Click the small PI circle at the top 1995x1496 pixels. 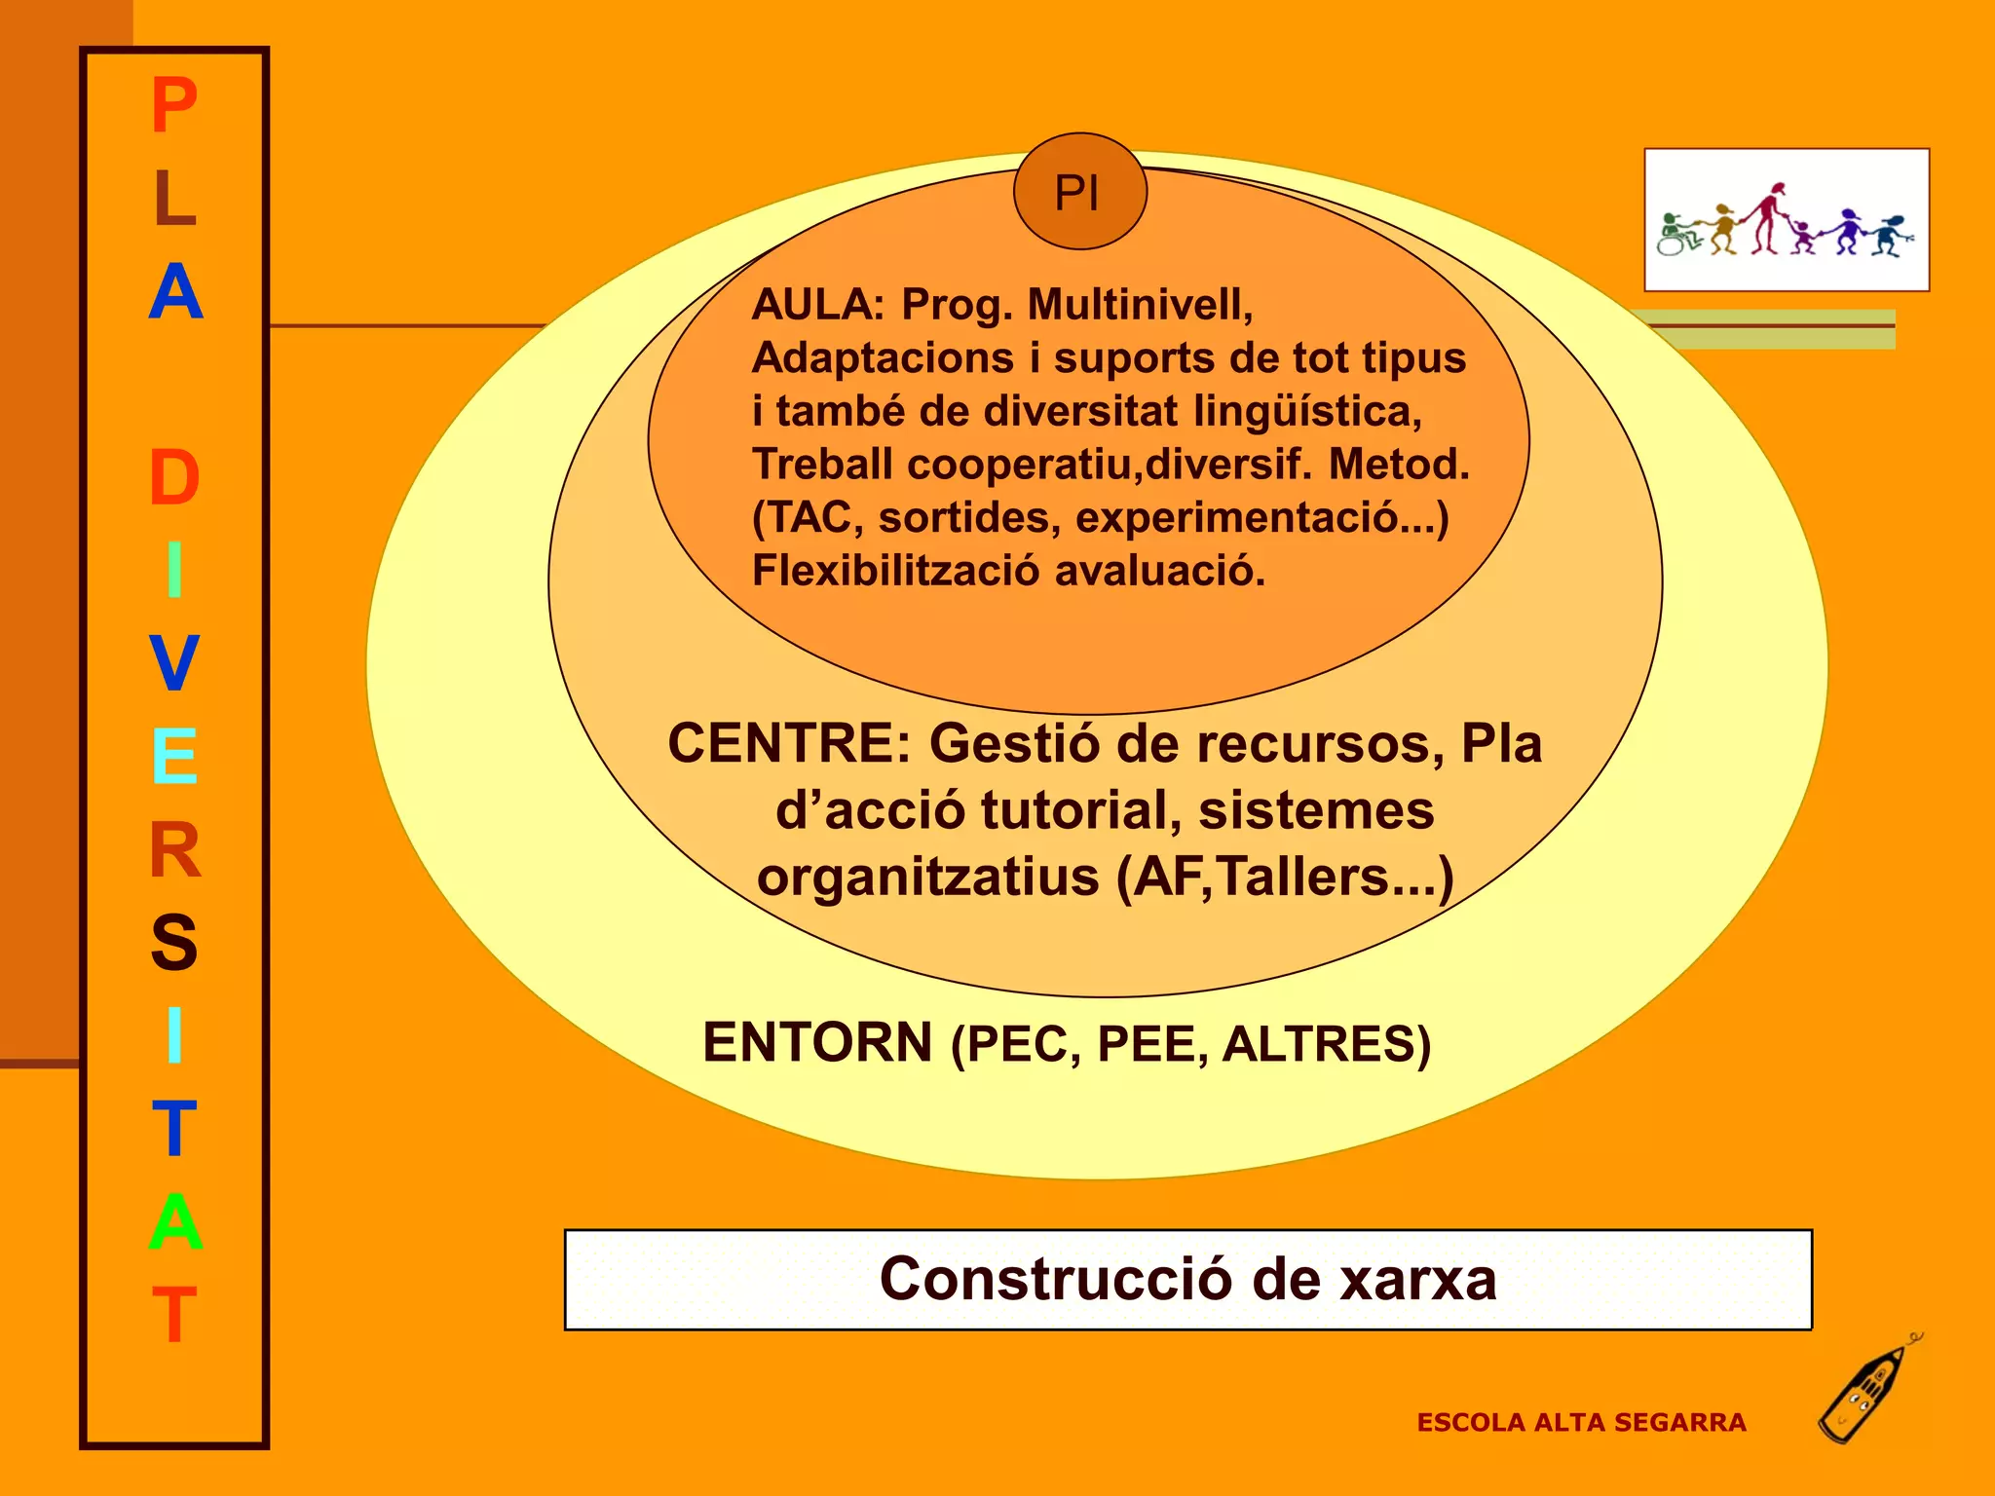pyautogui.click(x=1079, y=192)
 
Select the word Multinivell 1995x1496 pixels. pyautogui.click(x=1140, y=305)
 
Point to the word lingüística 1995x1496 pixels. pyautogui.click(x=1307, y=412)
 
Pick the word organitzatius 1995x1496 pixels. pyautogui.click(x=928, y=877)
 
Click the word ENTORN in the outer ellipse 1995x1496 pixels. pyautogui.click(x=817, y=1042)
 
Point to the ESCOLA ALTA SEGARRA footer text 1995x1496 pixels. pyautogui.click(x=1581, y=1423)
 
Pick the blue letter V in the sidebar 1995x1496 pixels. pyautogui.click(x=174, y=663)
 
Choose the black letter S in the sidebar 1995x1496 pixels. pyautogui.click(x=174, y=943)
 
